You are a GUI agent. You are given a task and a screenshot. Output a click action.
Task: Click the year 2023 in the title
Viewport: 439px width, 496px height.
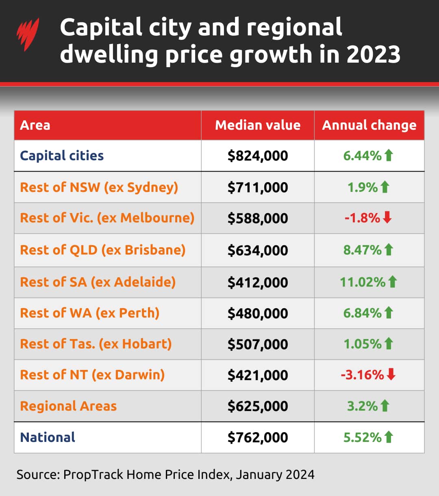coord(373,54)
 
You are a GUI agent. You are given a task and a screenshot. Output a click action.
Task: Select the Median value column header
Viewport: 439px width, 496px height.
coord(258,125)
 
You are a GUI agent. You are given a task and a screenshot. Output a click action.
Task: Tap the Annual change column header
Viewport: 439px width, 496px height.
coord(369,125)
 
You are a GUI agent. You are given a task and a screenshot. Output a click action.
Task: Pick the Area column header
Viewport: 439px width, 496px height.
coord(35,125)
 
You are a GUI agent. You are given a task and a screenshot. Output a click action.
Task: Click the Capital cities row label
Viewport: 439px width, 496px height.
coord(62,156)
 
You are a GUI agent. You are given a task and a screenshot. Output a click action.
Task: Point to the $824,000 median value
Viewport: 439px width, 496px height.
coord(258,156)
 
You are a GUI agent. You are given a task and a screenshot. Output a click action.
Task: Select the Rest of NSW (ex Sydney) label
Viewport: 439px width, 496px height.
coord(99,187)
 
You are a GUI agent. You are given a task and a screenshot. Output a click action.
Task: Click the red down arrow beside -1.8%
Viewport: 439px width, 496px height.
coord(387,218)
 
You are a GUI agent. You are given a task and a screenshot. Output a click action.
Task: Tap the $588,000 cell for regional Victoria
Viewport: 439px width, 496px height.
coord(258,218)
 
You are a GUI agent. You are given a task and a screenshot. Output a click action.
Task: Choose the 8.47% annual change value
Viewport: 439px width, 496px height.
coord(362,250)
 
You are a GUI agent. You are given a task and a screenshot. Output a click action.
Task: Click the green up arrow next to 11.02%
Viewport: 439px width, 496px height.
coord(392,281)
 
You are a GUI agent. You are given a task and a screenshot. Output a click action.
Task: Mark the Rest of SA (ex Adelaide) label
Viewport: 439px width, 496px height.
coord(98,282)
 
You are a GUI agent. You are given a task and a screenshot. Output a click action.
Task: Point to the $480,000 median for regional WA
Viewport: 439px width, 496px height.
coord(258,313)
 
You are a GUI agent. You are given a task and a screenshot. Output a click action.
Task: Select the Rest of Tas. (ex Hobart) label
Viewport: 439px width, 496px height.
coord(96,344)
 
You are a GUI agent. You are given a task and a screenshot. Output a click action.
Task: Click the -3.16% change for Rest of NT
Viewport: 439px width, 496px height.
coord(362,375)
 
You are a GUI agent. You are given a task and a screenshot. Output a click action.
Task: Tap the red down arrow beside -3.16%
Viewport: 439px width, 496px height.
coord(391,374)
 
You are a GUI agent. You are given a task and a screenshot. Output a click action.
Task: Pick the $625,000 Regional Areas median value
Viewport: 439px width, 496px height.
coord(258,406)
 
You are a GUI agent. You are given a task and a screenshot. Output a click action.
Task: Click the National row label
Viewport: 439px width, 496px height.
coord(48,437)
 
